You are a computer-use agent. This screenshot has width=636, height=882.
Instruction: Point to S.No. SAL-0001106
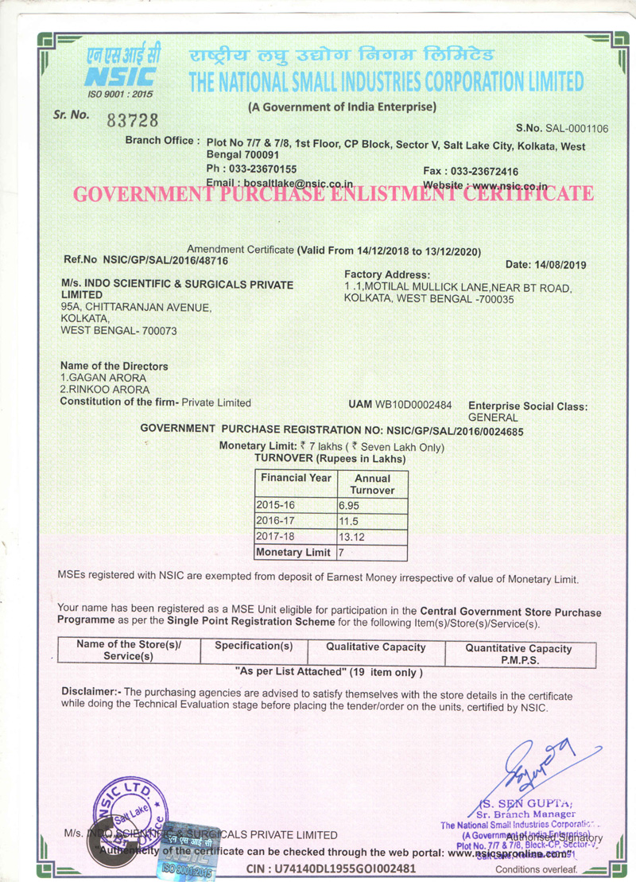point(561,128)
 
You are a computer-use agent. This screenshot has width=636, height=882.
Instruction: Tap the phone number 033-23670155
point(262,169)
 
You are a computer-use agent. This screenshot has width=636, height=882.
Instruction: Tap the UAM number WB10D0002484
point(413,405)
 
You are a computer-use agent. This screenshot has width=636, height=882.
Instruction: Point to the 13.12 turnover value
point(351,537)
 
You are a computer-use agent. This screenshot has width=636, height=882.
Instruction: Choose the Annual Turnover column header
point(372,484)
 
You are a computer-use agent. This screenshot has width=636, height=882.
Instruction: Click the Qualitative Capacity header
point(375,647)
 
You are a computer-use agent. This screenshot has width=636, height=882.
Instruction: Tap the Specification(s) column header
point(254,646)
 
